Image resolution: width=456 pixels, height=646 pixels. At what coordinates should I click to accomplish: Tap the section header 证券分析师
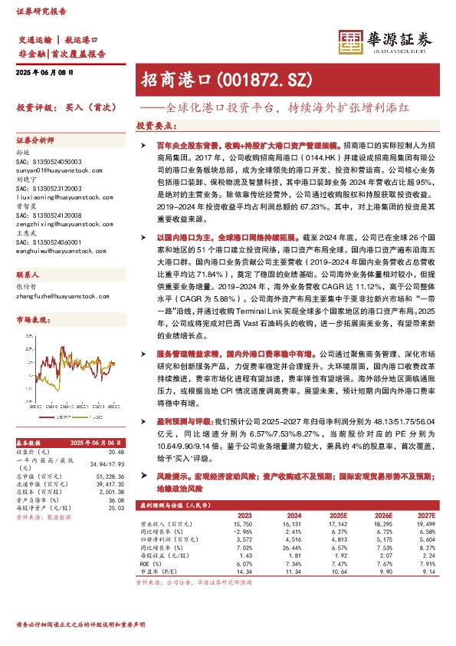[36, 140]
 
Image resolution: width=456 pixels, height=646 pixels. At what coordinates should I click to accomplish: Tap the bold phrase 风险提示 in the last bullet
[170, 476]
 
